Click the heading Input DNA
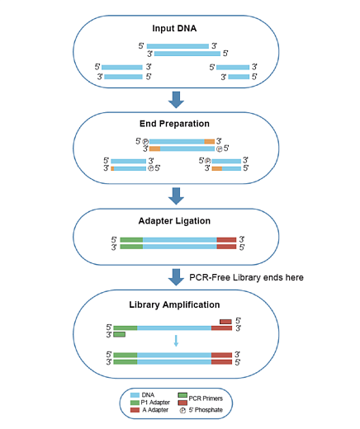coord(179,29)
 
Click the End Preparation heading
coord(179,124)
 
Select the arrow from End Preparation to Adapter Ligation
coord(176,195)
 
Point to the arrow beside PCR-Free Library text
coord(176,277)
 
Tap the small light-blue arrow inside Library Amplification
coord(176,340)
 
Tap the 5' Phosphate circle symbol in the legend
coord(182,411)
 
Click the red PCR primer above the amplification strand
coord(225,321)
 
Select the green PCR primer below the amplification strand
coord(120,335)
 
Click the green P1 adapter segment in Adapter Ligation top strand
coord(131,239)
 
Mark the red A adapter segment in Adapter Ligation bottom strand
coord(226,247)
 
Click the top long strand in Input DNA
coord(178,46)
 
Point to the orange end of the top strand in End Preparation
coord(210,141)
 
